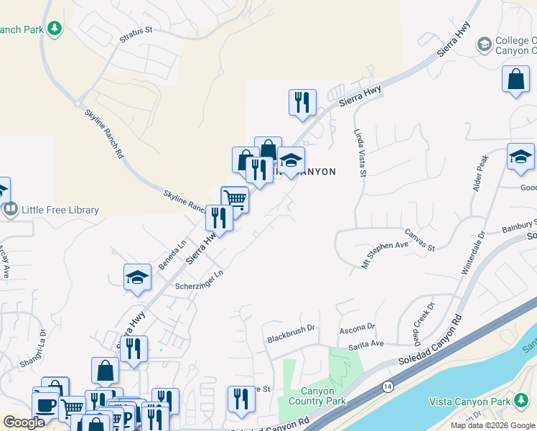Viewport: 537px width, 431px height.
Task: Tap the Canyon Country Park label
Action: click(317, 396)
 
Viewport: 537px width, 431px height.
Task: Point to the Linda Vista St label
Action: click(360, 153)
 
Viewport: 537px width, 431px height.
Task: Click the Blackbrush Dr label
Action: click(291, 329)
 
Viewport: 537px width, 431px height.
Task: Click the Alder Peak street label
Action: click(480, 172)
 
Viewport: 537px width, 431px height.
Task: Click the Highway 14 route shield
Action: click(388, 386)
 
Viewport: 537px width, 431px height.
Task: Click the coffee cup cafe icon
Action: click(45, 404)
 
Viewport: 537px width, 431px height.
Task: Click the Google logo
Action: click(24, 422)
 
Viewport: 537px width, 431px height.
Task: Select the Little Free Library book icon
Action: click(10, 210)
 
